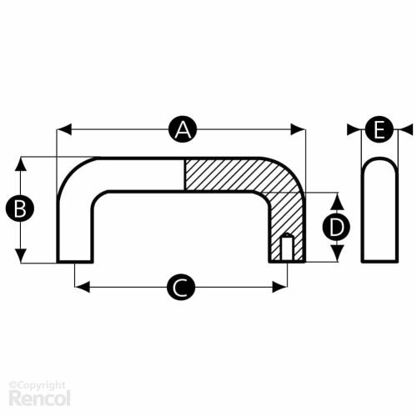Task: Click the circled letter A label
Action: click(x=183, y=129)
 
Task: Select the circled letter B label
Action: click(x=20, y=208)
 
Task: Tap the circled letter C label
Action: click(x=181, y=287)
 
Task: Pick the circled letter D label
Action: click(x=336, y=228)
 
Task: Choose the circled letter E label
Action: click(x=379, y=130)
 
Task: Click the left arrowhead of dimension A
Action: click(x=64, y=129)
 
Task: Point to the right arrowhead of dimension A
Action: click(x=298, y=129)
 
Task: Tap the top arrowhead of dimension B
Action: click(x=21, y=164)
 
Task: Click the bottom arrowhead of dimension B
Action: click(x=21, y=256)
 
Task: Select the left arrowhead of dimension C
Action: click(x=83, y=287)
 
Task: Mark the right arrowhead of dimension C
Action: click(x=279, y=287)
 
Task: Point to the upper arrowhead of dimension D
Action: click(x=337, y=201)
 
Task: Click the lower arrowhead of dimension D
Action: click(x=337, y=254)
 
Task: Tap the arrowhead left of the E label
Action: click(x=354, y=130)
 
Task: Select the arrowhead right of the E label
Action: click(x=405, y=130)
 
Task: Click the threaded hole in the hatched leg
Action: click(x=287, y=248)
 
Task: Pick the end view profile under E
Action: click(x=379, y=210)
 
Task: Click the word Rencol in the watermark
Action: click(x=39, y=398)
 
